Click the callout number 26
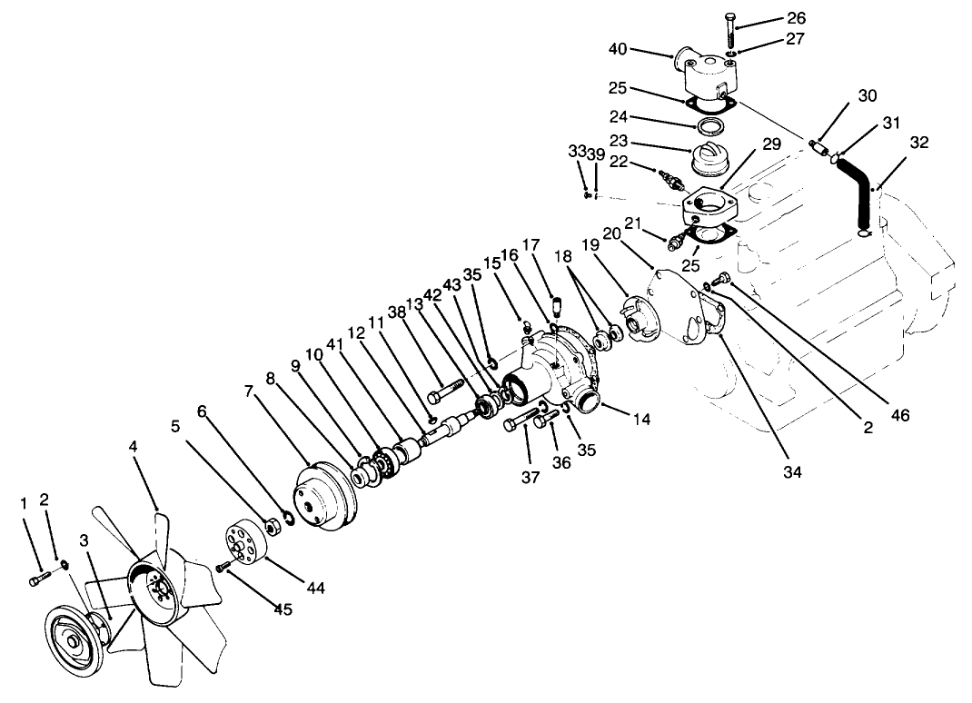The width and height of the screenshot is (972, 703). pos(796,18)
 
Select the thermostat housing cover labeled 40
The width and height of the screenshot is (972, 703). pos(706,71)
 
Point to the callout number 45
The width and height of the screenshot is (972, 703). pos(283,609)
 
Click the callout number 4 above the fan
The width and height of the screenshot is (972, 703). pos(133,447)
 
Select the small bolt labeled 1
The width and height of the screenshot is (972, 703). pos(37,578)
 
